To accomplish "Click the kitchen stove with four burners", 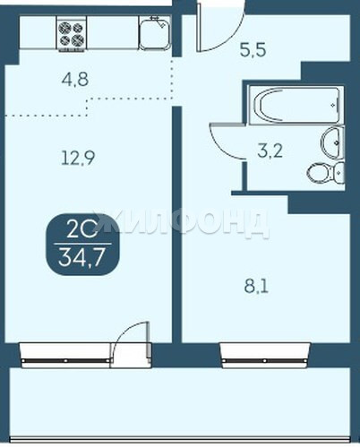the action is pyautogui.click(x=72, y=33).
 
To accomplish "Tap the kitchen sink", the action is pyautogui.click(x=154, y=33).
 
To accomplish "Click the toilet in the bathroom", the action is pyautogui.click(x=326, y=173).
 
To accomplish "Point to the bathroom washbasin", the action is pyautogui.click(x=332, y=142).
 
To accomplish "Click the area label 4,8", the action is pyautogui.click(x=75, y=80).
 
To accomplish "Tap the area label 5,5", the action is pyautogui.click(x=253, y=50).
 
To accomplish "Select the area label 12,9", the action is pyautogui.click(x=78, y=158).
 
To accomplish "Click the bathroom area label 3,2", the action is pyautogui.click(x=270, y=151).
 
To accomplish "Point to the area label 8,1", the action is pyautogui.click(x=256, y=287).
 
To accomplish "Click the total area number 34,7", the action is pyautogui.click(x=81, y=258).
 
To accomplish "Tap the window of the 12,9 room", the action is pyautogui.click(x=65, y=355).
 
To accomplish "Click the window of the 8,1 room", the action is pyautogui.click(x=265, y=355).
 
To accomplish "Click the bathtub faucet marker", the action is pyautogui.click(x=333, y=104).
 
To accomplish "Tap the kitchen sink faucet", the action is pyautogui.click(x=159, y=22).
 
